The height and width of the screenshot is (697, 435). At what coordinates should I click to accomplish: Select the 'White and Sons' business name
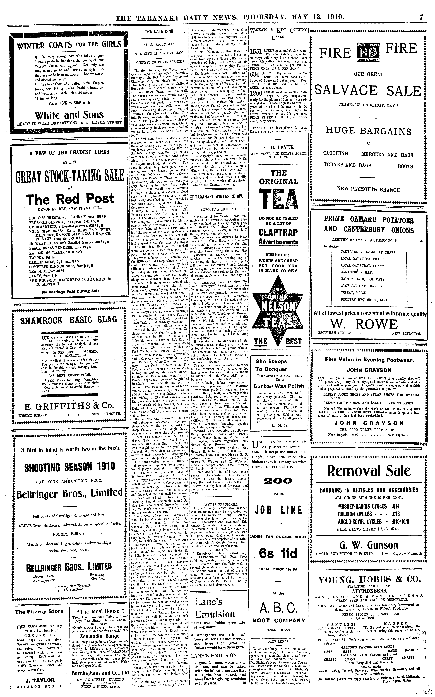[69, 115]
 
